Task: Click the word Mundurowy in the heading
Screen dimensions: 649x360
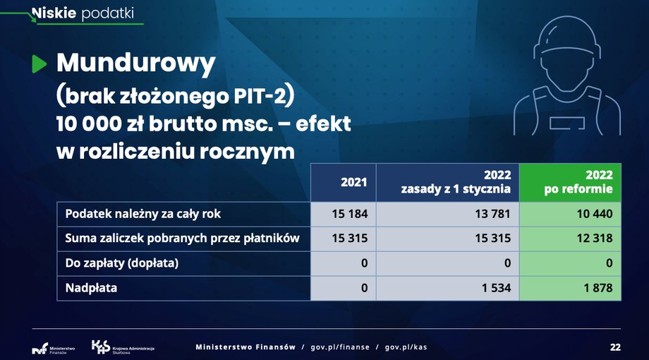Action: (x=135, y=64)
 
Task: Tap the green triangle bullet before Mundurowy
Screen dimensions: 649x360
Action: (x=40, y=64)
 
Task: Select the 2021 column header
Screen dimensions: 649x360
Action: (x=344, y=182)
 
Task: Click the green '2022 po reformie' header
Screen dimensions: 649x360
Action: (x=571, y=182)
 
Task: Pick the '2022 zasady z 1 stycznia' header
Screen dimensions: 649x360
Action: (x=448, y=182)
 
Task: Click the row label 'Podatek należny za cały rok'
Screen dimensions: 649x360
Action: (x=142, y=214)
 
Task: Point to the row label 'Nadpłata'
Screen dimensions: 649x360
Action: (x=91, y=288)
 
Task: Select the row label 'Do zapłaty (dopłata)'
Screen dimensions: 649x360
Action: (x=121, y=263)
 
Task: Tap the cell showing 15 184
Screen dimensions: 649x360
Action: (x=344, y=214)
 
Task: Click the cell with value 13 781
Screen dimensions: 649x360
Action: (x=448, y=214)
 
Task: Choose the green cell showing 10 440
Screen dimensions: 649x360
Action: (x=571, y=214)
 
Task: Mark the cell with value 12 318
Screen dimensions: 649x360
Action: (x=571, y=239)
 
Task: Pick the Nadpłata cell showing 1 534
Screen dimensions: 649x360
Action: (x=448, y=288)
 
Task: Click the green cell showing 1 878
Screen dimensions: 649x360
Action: (x=571, y=288)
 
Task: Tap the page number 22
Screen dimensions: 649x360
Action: (x=615, y=347)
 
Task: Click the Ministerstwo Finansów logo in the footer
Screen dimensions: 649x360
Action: (x=54, y=349)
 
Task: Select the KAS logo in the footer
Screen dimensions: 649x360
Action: (x=123, y=347)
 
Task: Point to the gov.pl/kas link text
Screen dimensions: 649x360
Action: (x=406, y=347)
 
